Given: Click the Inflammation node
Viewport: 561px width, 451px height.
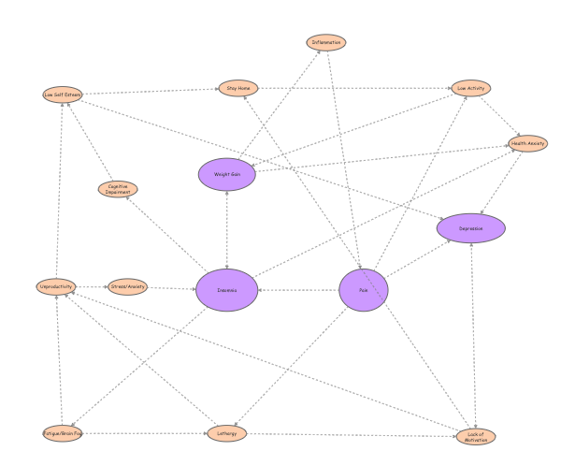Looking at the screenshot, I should pos(326,42).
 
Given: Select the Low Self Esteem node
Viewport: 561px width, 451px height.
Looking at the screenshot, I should pos(63,95).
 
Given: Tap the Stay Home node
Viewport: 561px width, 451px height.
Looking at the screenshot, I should pos(238,88).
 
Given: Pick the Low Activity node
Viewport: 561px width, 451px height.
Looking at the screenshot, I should pos(470,88).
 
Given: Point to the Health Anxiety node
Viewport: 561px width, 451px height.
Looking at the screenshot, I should pos(527,143).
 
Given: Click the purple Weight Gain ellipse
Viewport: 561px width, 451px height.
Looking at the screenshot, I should pos(227,174).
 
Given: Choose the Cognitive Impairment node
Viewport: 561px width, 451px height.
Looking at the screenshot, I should pos(118,189).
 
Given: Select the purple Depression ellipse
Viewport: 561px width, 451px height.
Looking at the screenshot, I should pos(470,227).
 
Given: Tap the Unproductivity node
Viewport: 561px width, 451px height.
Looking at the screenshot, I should pos(56,286).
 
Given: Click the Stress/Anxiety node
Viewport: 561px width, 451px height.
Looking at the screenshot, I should pos(127,286).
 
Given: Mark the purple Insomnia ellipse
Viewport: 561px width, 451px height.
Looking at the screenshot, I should pos(226,290).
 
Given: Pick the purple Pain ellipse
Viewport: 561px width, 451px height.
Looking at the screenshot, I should pos(363,290).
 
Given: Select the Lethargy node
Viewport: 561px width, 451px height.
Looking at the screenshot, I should pos(226,433).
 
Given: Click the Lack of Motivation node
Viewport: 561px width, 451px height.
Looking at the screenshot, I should pos(476,436).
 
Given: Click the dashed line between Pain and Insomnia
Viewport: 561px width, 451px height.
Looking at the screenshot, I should pos(298,290).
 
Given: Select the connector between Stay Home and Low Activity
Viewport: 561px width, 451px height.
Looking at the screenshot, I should pos(355,88).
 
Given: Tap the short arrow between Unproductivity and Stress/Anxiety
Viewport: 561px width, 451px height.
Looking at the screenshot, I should pos(91,286).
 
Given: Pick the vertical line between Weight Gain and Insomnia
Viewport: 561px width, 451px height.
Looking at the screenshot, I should pos(227,230).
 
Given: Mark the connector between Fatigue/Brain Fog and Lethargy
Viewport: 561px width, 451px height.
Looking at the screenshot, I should pos(145,433).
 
